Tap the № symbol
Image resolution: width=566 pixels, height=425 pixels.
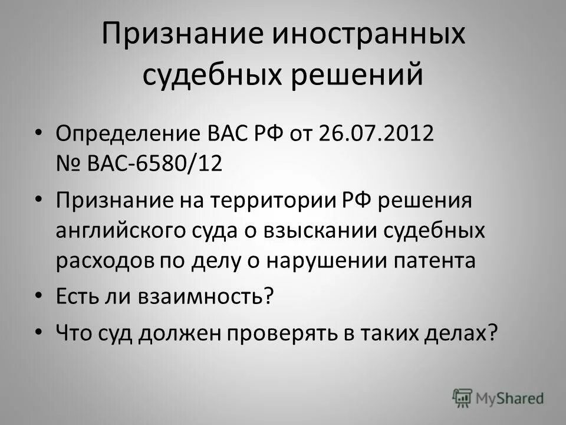click(68, 162)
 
